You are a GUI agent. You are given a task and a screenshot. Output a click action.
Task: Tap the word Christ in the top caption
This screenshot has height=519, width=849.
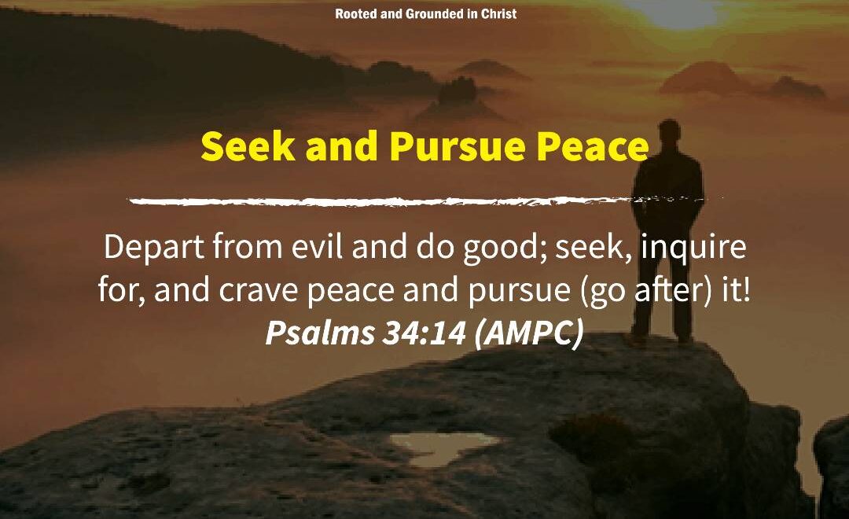(x=498, y=13)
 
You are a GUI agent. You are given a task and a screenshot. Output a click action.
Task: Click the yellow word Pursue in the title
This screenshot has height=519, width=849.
(x=458, y=147)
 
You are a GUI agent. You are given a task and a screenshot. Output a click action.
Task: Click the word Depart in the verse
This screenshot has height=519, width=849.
(x=154, y=248)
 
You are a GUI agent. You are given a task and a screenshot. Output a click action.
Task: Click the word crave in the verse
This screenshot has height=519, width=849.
(x=259, y=291)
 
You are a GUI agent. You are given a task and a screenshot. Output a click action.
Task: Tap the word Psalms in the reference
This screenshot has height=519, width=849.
(x=319, y=332)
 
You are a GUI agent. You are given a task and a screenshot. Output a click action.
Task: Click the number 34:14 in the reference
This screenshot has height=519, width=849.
(x=424, y=332)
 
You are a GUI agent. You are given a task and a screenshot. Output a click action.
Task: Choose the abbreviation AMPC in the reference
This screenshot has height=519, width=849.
(x=528, y=332)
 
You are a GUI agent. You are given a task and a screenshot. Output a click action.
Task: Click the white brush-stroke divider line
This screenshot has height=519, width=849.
(x=425, y=201)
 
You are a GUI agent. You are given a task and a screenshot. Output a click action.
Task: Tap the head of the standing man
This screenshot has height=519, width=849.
(x=669, y=131)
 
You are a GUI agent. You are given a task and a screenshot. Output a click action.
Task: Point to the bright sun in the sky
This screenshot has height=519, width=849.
(x=676, y=12)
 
